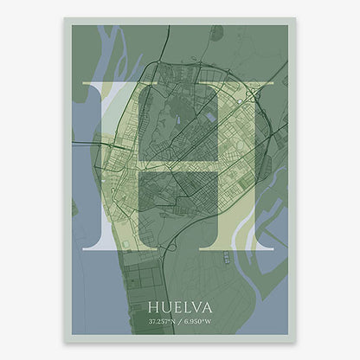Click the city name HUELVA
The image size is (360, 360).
(181, 306)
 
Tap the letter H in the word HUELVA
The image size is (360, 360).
(154, 306)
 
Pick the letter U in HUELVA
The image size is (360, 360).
(165, 306)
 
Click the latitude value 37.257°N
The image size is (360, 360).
(160, 322)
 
